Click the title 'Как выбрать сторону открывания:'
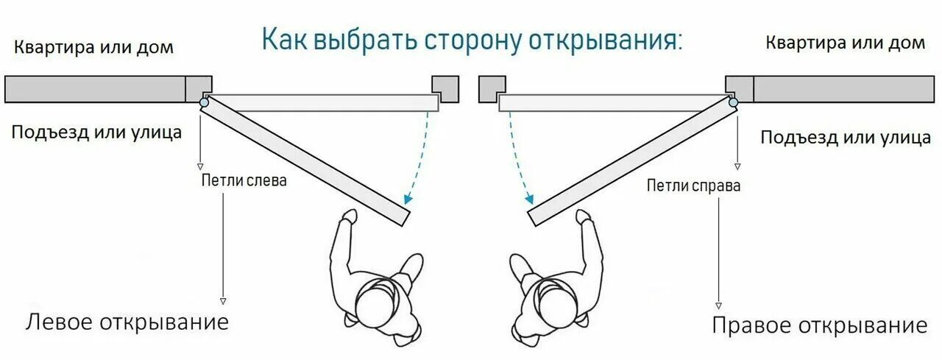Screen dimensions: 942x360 (x=472, y=40)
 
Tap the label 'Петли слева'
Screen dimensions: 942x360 (x=244, y=180)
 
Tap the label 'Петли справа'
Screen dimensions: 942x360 (x=693, y=186)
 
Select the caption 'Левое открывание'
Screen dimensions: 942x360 (x=128, y=322)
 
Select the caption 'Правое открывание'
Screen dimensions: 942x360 (x=819, y=325)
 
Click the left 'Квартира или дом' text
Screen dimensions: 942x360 (x=94, y=48)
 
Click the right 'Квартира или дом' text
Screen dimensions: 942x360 (x=846, y=43)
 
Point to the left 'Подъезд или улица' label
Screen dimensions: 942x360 (x=96, y=133)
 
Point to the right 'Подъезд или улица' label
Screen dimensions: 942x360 (x=846, y=137)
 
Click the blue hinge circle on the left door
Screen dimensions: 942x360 (x=204, y=103)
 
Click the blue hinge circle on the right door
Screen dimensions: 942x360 (x=733, y=103)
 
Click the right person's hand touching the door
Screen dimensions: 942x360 (x=584, y=217)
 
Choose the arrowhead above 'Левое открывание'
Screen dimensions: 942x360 (x=223, y=301)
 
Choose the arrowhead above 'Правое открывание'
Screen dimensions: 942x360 (x=718, y=305)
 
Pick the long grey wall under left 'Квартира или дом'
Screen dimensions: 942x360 (x=95, y=89)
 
